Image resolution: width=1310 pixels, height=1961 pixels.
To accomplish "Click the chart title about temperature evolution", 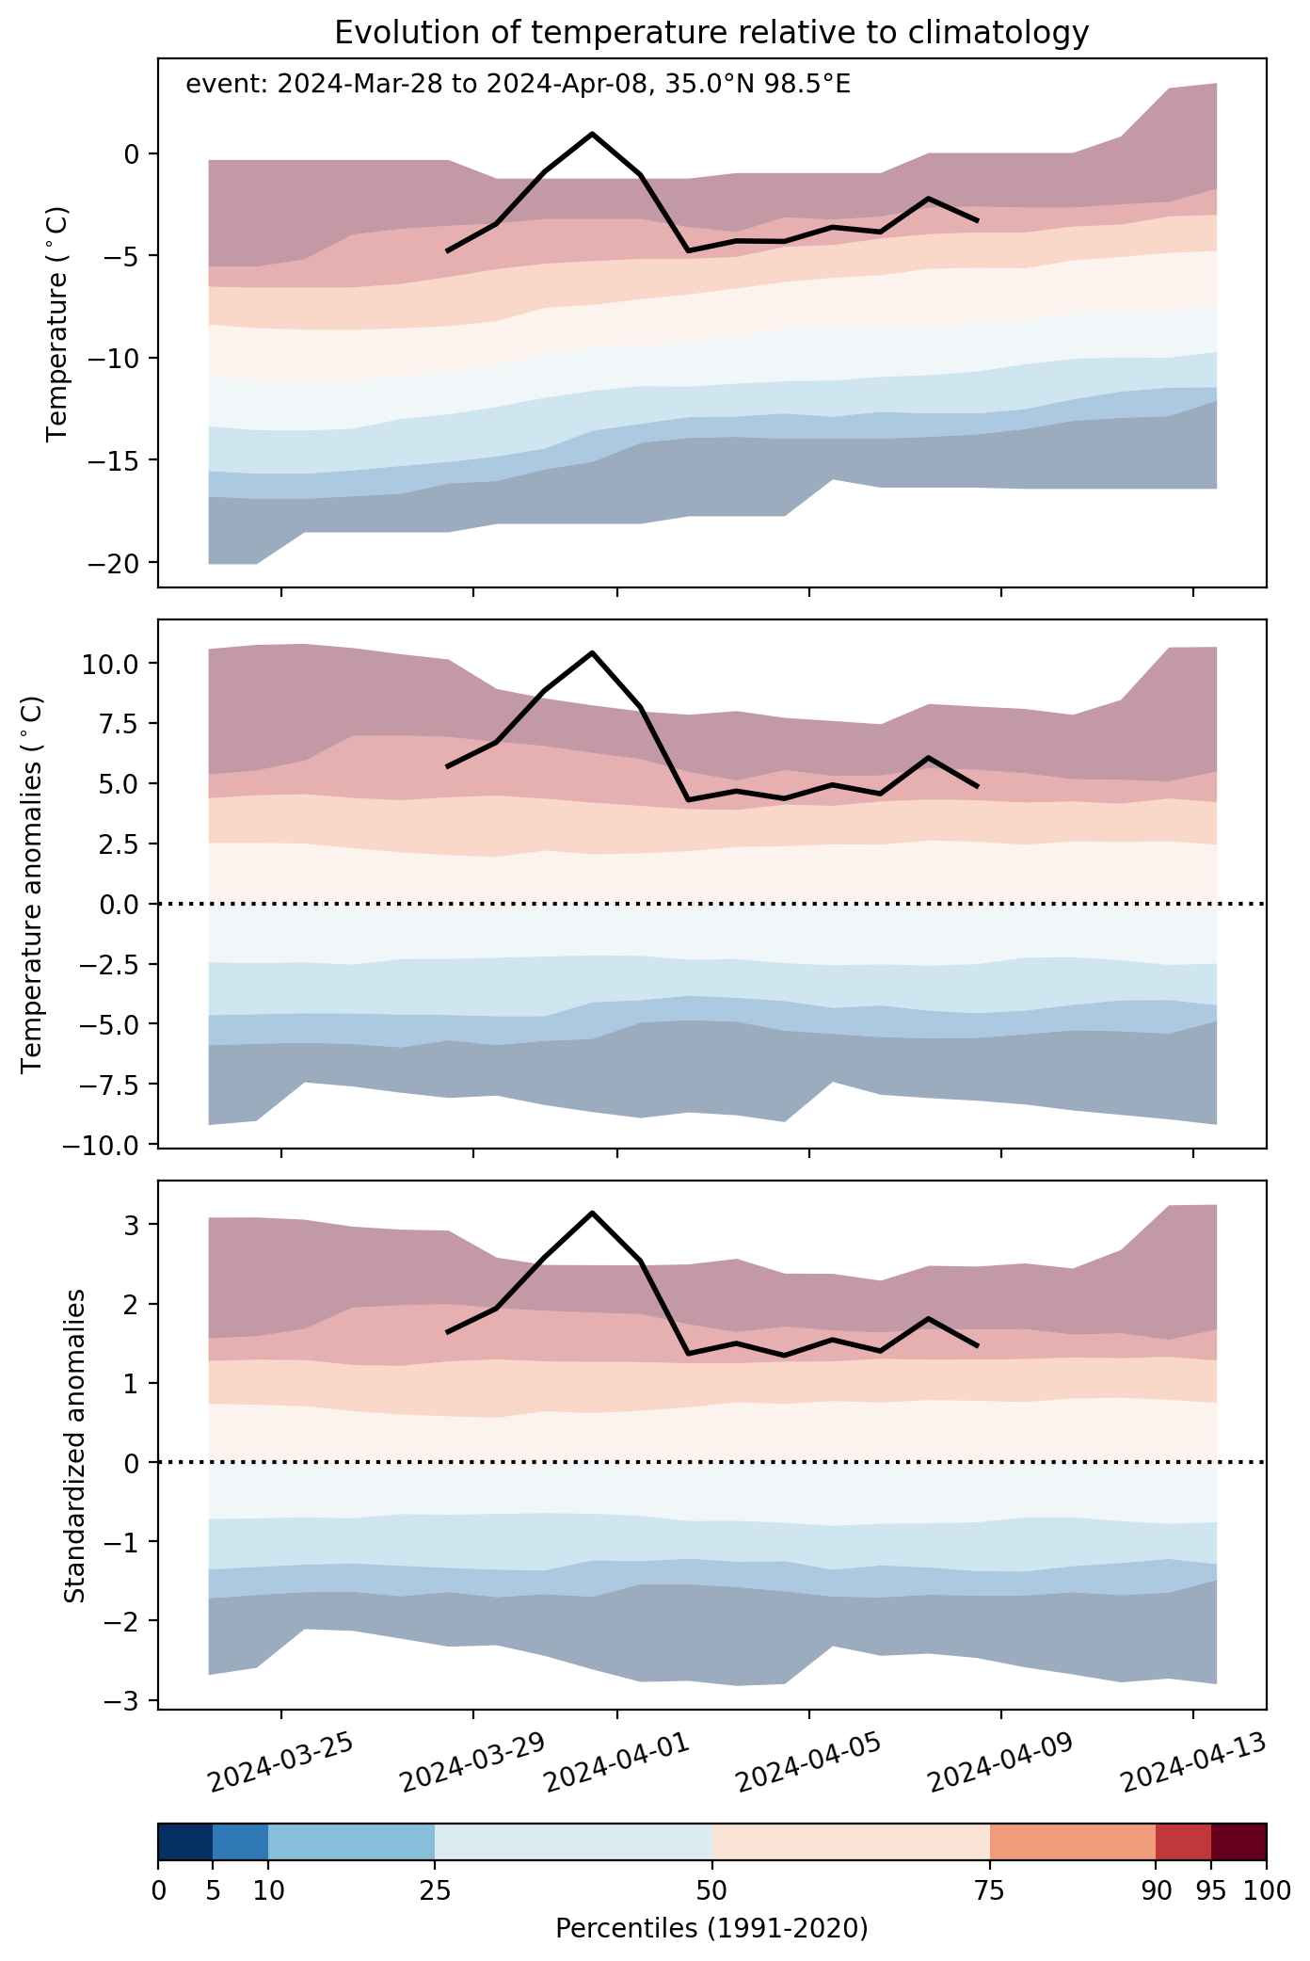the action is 711,33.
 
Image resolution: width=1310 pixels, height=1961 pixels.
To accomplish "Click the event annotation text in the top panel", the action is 519,85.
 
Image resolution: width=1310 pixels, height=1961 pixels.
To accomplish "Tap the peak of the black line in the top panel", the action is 592,134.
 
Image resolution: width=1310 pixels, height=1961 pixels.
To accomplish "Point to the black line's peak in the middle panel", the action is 592,652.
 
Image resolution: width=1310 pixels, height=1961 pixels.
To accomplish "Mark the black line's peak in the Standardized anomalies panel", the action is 592,1212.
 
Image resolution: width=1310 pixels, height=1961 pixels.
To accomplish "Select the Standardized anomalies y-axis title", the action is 75,1446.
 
